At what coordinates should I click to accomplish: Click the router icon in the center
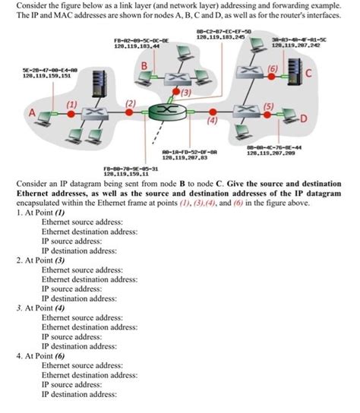pyautogui.click(x=177, y=112)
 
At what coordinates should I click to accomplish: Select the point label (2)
pyautogui.click(x=130, y=102)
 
